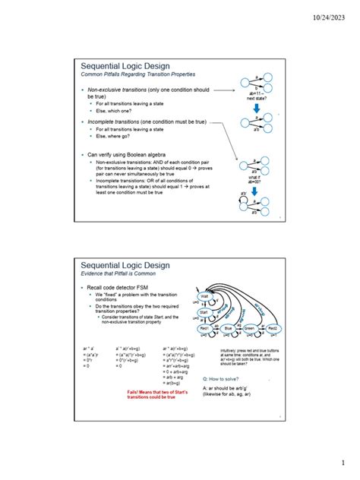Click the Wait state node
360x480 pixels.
point(205,297)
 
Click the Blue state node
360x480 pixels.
point(228,328)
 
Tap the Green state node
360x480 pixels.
point(250,328)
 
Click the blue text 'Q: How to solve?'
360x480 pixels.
point(223,377)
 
